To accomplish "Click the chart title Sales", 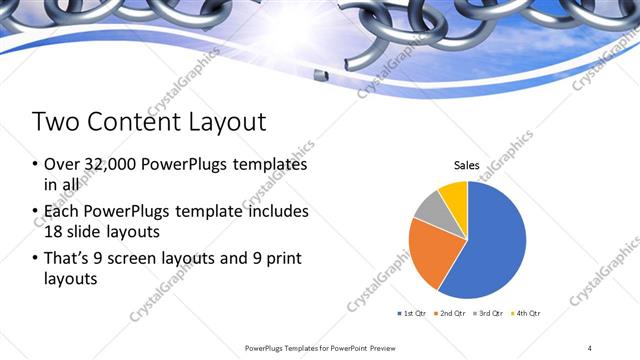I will [x=466, y=165].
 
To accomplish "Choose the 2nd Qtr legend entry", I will [x=452, y=314].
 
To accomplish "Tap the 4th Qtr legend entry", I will [x=527, y=314].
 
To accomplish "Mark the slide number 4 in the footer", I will [x=590, y=347].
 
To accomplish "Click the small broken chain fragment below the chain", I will [x=318, y=75].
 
